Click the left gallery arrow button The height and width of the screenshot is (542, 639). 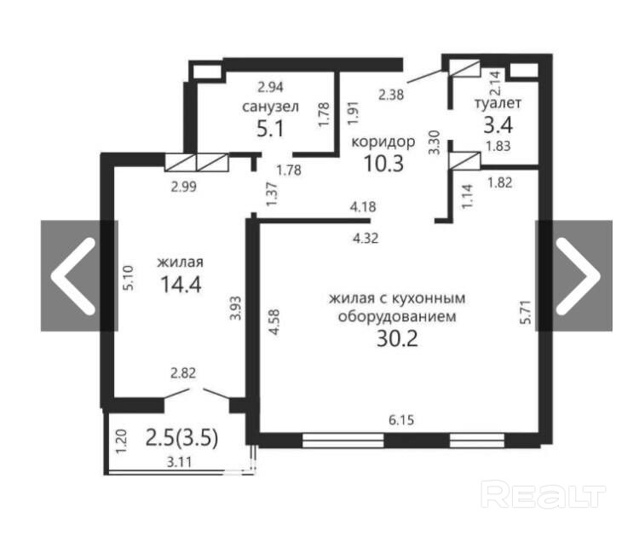coord(79,275)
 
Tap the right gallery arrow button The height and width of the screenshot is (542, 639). coord(573,275)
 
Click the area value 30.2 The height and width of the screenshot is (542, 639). coord(397,338)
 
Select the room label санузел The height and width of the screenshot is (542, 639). coord(270,107)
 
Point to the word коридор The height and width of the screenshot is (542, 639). coord(383,142)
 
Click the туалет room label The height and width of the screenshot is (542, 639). coord(498,103)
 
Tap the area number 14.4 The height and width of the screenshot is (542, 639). coord(181,284)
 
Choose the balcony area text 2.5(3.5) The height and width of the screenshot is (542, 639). coord(181,438)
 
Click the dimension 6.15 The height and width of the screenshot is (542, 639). coord(401,419)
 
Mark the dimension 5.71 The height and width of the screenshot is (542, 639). coord(526,312)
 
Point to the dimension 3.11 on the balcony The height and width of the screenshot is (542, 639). coord(179,462)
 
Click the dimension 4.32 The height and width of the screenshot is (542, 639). coord(366,238)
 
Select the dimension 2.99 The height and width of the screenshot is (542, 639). coord(184,187)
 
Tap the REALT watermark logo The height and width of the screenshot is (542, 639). coord(544,494)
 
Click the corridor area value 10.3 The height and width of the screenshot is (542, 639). coord(383,164)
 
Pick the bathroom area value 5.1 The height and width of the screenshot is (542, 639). coord(270,130)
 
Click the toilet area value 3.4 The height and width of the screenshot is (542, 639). coord(498,124)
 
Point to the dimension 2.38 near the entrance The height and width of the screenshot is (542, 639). coord(391,95)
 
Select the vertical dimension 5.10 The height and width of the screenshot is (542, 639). coord(129,278)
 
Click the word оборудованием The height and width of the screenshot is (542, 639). coord(397,317)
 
